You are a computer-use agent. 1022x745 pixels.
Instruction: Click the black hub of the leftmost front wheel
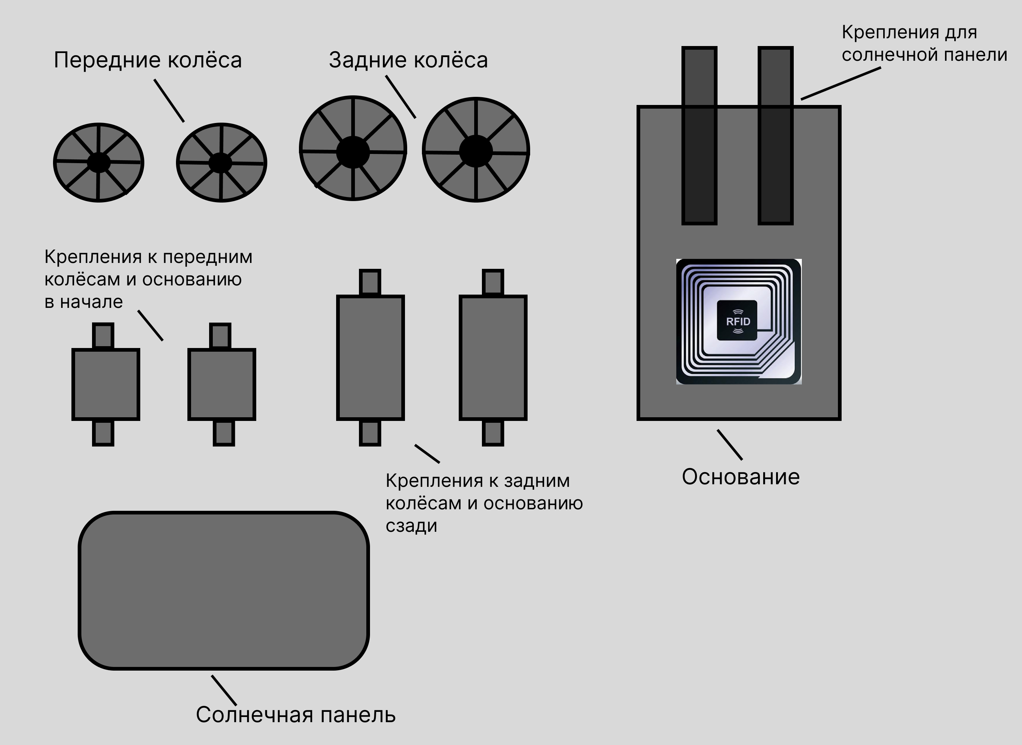pos(98,162)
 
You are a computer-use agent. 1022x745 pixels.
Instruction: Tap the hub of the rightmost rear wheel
pos(476,151)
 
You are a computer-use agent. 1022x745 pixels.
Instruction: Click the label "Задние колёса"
pos(408,60)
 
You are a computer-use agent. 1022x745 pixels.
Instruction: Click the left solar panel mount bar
pos(699,135)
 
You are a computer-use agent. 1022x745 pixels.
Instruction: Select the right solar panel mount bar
pos(775,135)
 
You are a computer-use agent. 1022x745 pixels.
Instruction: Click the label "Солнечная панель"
pos(295,715)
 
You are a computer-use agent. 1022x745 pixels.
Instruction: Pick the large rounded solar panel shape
pos(223,590)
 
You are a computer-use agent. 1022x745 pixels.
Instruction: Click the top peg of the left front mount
pos(103,335)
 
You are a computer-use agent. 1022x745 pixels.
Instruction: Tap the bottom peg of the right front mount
pos(223,433)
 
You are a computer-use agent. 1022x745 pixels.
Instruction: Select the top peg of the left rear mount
pos(370,282)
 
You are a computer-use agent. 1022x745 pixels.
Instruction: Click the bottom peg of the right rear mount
pos(493,433)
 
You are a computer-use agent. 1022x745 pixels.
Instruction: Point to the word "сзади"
pos(411,526)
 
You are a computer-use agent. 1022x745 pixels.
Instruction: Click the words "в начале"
pos(84,302)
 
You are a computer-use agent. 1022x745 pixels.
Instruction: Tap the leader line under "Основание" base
pos(729,444)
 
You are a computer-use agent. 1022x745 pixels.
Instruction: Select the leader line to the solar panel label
pos(223,690)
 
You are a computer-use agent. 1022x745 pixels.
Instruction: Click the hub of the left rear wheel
pos(353,152)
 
